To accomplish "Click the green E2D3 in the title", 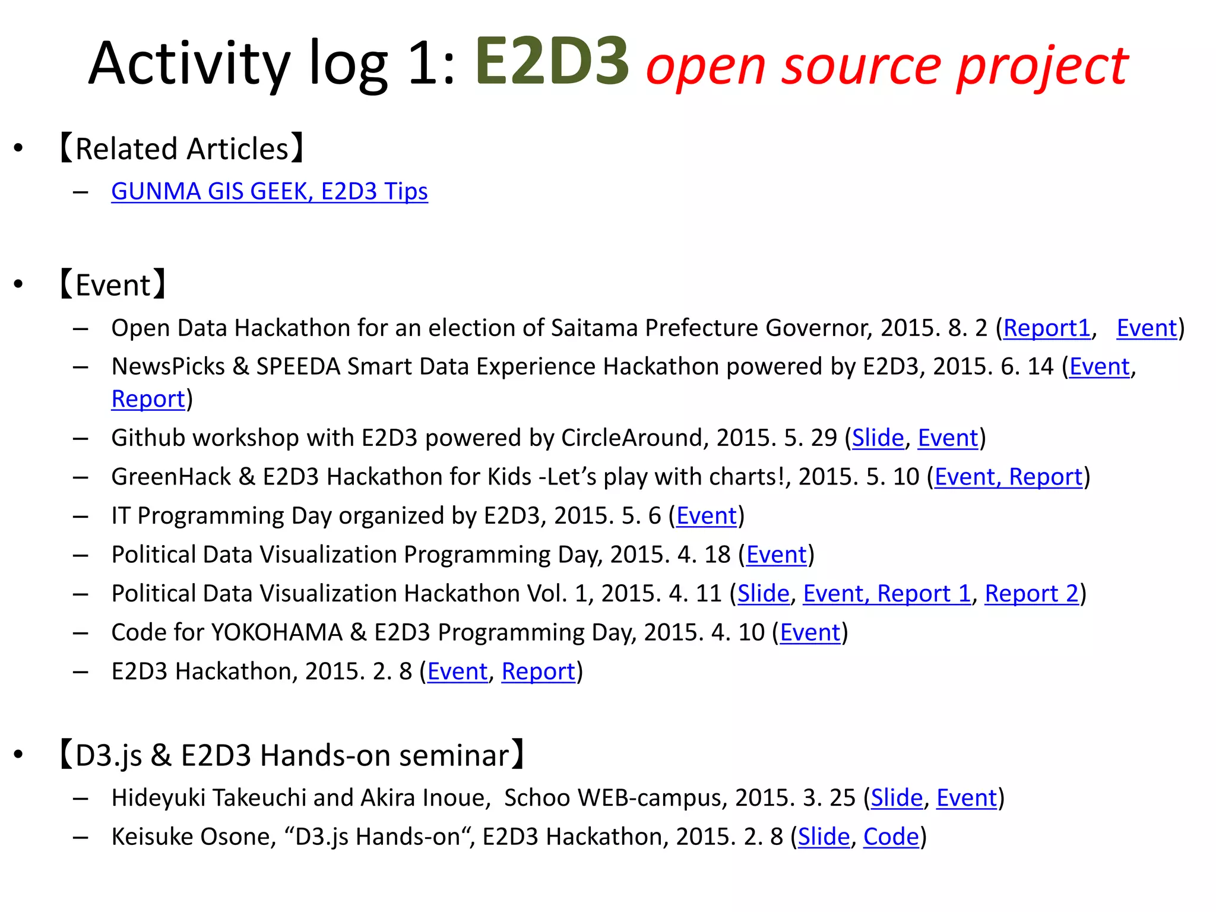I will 552,62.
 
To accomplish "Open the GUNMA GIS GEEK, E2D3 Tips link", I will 269,191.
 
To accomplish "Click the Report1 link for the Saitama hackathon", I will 1047,328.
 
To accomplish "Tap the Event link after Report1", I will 1147,328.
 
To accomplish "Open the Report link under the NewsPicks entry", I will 148,399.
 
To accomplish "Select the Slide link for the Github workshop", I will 878,438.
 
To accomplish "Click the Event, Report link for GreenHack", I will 1008,477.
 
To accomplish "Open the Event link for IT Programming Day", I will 706,515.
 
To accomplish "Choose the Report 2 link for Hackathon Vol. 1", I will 1031,593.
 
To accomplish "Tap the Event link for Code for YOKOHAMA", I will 810,632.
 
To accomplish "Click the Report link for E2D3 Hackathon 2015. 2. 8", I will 539,672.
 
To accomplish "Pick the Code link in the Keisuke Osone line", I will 891,837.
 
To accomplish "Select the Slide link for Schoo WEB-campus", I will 897,798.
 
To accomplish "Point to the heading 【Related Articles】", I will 182,148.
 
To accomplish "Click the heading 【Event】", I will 113,285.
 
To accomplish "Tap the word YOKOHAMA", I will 277,632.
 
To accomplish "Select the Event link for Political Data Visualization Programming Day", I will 776,555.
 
